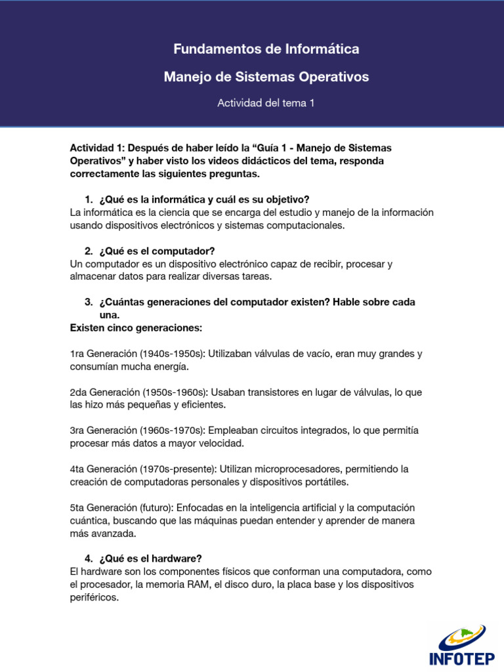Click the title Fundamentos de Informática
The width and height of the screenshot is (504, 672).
pos(266,49)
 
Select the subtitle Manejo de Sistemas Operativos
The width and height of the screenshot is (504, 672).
pos(266,77)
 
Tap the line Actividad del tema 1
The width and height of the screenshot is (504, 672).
pos(266,104)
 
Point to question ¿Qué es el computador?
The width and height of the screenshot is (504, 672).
pos(157,251)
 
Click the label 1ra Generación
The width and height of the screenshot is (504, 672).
pos(102,354)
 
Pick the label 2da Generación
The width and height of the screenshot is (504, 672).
pos(103,392)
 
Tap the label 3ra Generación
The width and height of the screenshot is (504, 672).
pos(102,430)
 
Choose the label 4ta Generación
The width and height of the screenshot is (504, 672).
pos(102,469)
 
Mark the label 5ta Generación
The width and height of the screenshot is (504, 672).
pos(102,508)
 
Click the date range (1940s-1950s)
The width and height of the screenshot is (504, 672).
pos(172,354)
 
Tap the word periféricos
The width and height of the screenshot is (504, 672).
pos(94,598)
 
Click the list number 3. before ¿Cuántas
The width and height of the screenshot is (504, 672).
pos(89,303)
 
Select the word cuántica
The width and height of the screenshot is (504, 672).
pos(89,520)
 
